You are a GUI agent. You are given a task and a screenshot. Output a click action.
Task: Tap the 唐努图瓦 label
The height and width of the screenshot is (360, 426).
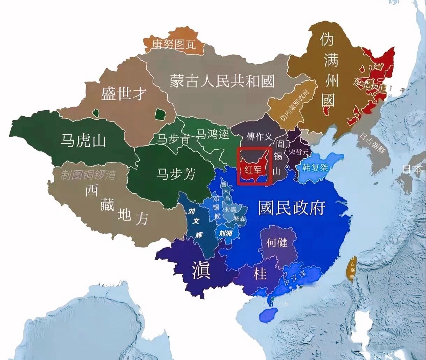[x=174, y=44]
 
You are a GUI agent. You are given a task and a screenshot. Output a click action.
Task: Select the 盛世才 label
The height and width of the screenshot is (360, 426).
[x=124, y=93]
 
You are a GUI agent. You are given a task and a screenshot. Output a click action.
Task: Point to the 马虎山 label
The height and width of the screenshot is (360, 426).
[x=83, y=141]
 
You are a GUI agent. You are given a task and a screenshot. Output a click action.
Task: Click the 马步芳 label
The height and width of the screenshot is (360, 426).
[x=175, y=174]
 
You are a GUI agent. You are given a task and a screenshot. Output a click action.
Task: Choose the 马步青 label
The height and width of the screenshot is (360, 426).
[x=174, y=139]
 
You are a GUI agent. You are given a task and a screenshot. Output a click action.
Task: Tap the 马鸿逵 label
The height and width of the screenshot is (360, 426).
[x=213, y=134]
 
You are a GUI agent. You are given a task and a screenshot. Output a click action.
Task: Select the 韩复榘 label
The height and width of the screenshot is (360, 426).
[x=315, y=167]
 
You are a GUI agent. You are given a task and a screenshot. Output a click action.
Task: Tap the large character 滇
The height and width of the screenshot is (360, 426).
[x=201, y=270]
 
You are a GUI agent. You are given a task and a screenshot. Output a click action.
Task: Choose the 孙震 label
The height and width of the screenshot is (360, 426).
[x=231, y=209]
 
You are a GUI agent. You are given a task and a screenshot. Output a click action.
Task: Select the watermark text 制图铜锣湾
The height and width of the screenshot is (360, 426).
[x=88, y=175]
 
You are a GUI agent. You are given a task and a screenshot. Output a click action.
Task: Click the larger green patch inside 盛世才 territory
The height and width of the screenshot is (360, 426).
[x=160, y=114]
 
